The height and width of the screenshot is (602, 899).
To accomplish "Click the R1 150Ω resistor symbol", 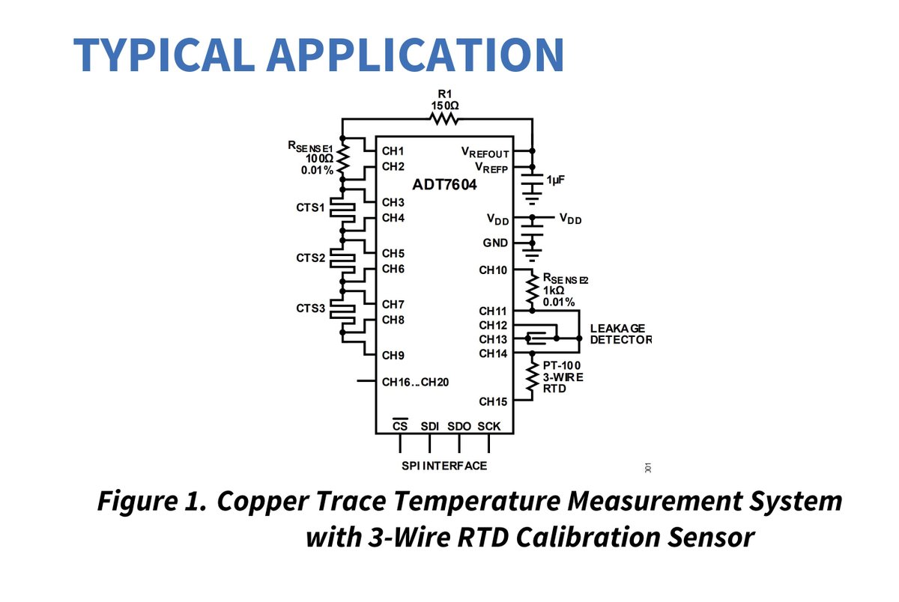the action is pos(444,119).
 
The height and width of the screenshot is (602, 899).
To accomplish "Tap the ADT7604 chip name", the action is pos(444,184).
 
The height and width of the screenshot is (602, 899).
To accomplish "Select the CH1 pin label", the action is pos(393,151).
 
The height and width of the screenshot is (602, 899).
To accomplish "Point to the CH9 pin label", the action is pos(393,356).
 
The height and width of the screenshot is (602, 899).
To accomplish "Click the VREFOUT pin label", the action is pos(485,153).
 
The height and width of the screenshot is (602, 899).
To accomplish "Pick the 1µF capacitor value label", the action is pos(556,180).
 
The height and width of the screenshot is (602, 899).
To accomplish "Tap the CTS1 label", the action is pos(310,207).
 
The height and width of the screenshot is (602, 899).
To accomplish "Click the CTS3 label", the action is pos(310,308).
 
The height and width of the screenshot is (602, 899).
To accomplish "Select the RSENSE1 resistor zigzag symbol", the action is pos(342,159).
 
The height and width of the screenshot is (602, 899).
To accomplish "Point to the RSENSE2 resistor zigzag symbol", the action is pos(532,290).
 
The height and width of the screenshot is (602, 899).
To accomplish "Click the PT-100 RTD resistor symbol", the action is pos(532,377).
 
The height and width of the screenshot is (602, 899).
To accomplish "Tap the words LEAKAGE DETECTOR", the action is pos(620,334).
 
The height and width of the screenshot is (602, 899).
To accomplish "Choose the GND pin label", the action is pos(495,243).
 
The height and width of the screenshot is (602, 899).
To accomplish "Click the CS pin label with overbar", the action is pos(400,425).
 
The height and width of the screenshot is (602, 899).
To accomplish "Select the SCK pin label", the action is pos(488,426).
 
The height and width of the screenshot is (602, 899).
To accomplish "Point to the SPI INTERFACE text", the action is pos(444,466).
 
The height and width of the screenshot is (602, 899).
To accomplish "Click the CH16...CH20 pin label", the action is pos(415,382).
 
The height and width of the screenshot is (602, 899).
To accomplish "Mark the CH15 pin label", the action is pos(493,401).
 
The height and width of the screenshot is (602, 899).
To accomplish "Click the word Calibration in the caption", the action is pos(588,537).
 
